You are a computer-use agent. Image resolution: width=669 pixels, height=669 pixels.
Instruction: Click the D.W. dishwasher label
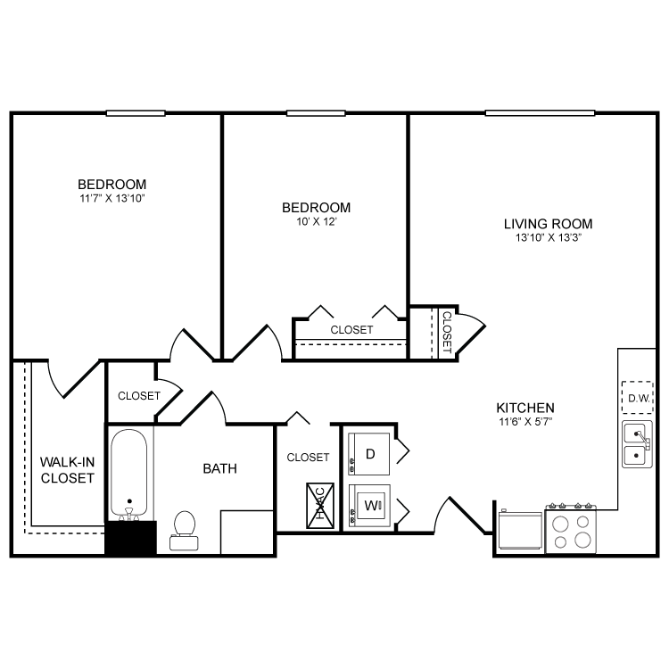[637, 398]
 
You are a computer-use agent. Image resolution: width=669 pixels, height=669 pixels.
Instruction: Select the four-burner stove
[571, 531]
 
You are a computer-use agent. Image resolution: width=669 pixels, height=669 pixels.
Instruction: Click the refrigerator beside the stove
[519, 530]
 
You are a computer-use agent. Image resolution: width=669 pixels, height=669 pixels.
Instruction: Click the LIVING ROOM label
[548, 224]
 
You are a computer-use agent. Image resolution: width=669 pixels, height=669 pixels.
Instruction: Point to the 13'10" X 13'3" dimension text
[548, 238]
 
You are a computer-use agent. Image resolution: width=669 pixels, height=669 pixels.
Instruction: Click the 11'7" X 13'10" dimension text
[111, 198]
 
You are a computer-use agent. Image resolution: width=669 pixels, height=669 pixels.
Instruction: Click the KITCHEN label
[525, 406]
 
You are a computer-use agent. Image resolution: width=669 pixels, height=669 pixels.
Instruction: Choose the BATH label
[219, 467]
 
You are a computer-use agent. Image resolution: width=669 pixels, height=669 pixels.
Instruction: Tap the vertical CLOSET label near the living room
[446, 333]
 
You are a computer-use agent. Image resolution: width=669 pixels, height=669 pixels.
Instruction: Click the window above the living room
[540, 113]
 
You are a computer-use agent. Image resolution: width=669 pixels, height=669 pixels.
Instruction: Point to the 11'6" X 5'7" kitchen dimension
[525, 421]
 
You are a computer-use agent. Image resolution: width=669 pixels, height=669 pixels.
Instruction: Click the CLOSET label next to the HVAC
[308, 458]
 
